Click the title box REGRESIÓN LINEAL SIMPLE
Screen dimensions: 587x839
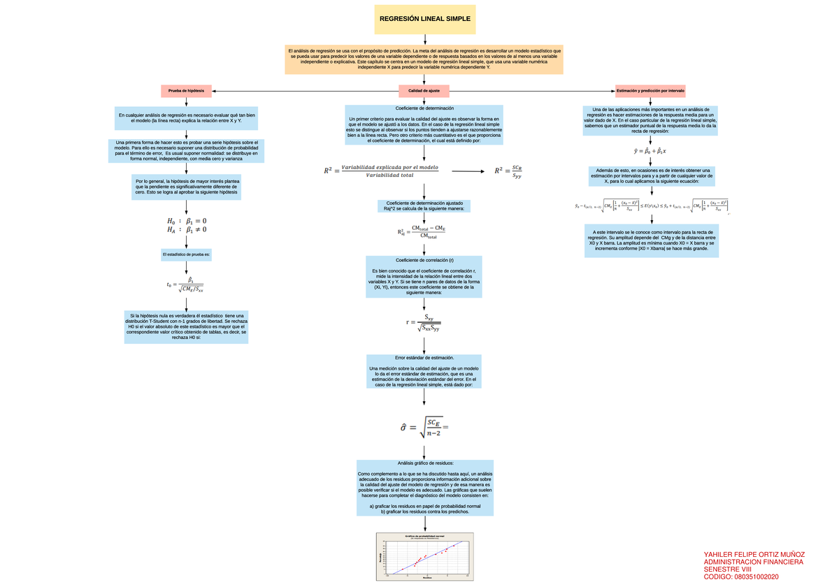pyautogui.click(x=424, y=19)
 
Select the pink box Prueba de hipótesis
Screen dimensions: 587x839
pyautogui.click(x=186, y=91)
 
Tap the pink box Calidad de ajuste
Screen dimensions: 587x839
pyautogui.click(x=424, y=91)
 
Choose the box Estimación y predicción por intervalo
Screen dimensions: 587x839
pyautogui.click(x=650, y=91)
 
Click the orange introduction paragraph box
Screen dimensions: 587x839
pyautogui.click(x=424, y=59)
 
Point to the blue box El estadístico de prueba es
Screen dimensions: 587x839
pyautogui.click(x=186, y=254)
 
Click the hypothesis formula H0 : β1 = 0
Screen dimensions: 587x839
pyautogui.click(x=187, y=222)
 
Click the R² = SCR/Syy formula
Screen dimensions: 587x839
pyautogui.click(x=508, y=171)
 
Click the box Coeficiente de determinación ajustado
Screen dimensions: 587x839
pyautogui.click(x=424, y=205)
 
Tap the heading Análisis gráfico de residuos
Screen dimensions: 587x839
pyautogui.click(x=424, y=463)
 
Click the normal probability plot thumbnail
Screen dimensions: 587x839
pyautogui.click(x=425, y=556)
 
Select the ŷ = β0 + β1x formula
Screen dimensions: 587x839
pyautogui.click(x=650, y=150)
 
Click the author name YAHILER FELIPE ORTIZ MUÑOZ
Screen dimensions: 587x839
pyautogui.click(x=754, y=553)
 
